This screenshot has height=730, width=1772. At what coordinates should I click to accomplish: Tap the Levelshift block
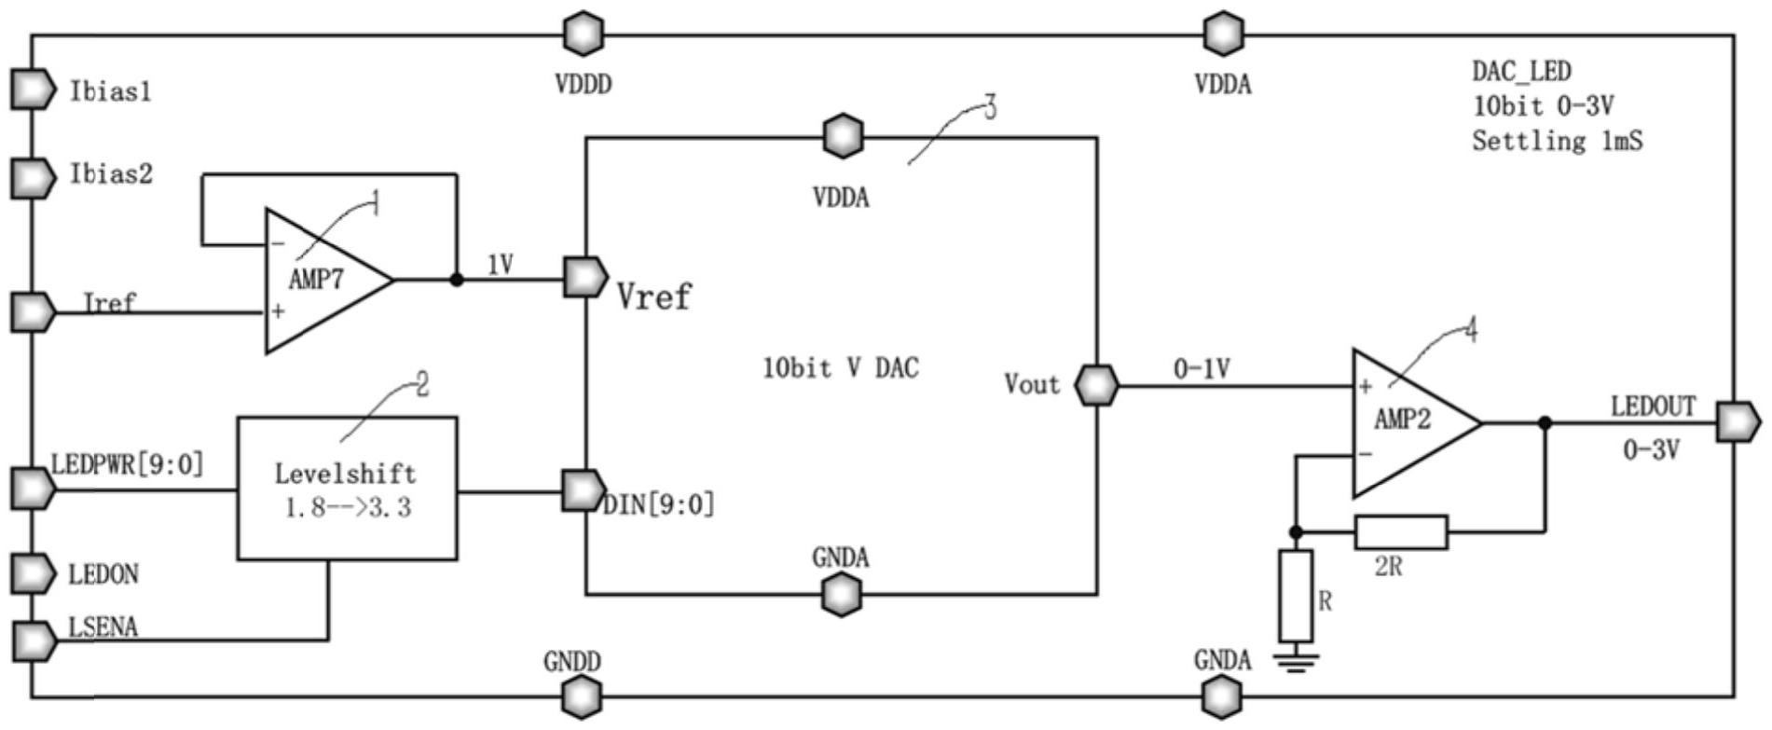347,488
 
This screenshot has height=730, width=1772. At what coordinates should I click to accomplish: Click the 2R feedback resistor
1400,532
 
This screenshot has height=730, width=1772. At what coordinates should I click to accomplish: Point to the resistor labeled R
1296,596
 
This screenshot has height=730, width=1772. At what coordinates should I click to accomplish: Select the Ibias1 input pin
34,90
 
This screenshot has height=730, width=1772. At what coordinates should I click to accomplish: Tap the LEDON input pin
34,573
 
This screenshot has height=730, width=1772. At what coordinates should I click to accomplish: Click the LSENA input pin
34,640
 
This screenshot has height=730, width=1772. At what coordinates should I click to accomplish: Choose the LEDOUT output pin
1738,422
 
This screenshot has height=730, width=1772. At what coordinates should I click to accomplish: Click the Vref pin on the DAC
585,278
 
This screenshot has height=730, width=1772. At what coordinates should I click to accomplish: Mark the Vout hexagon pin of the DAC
1096,385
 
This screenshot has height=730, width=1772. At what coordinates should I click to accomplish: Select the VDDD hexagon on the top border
584,34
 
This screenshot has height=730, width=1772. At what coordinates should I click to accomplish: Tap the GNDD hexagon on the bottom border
583,696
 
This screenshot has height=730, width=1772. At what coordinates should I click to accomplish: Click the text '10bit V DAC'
840,368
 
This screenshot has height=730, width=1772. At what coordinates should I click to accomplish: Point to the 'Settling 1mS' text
1557,141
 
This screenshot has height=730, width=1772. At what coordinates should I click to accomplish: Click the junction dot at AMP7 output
457,279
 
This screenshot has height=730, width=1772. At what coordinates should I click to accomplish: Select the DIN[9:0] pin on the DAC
584,489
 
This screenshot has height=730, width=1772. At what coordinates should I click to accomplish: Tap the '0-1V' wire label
1202,369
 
